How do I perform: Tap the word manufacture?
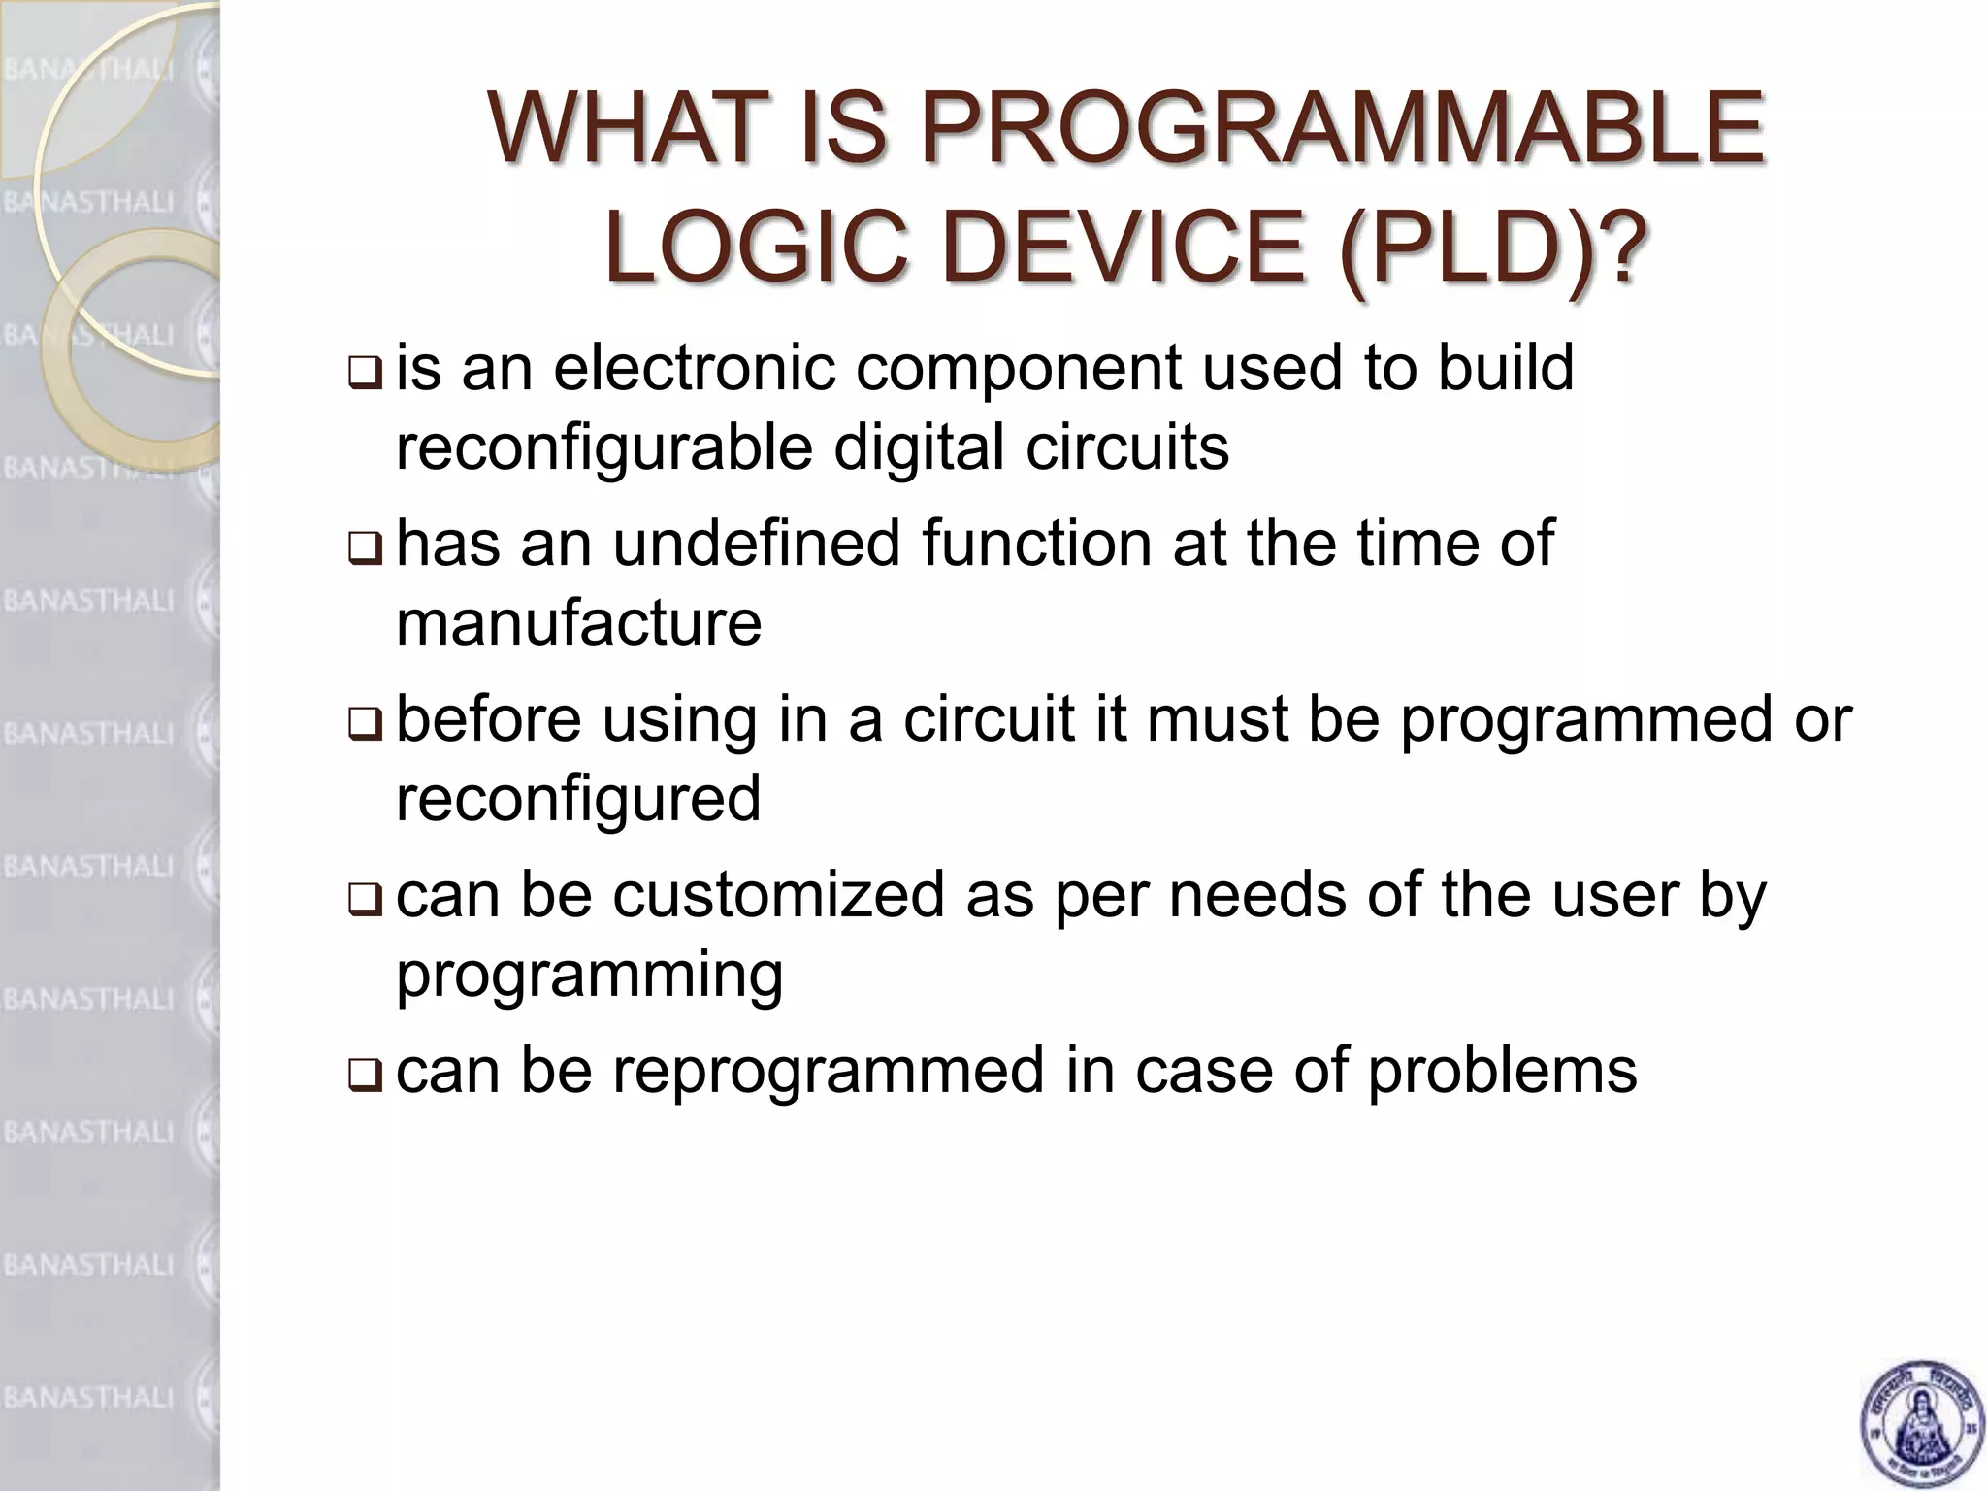(578, 622)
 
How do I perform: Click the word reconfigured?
(578, 798)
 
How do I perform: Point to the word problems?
(1503, 1072)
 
